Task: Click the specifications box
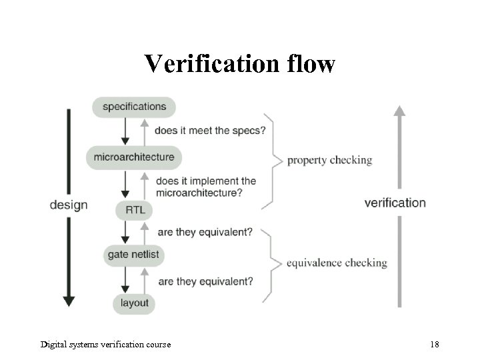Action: [x=134, y=107]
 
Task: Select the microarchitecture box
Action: [x=134, y=157]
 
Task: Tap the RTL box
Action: [x=135, y=211]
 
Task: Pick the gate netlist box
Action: [x=134, y=255]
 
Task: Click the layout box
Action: [x=135, y=304]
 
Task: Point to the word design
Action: [x=69, y=205]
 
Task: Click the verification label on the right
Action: [x=395, y=203]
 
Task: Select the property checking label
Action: [x=329, y=160]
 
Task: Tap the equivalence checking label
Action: [x=337, y=263]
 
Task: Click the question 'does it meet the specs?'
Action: [x=210, y=131]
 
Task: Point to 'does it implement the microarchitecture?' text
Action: [x=205, y=187]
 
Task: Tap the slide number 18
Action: [x=435, y=345]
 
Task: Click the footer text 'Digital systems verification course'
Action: [x=105, y=345]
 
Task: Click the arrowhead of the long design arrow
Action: [x=69, y=300]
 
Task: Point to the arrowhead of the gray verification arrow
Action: [x=399, y=111]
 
